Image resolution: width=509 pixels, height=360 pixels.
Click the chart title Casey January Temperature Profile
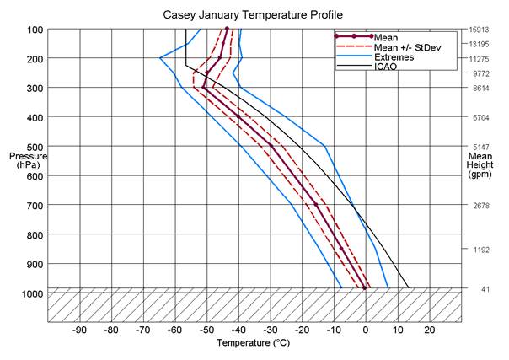[x=253, y=15]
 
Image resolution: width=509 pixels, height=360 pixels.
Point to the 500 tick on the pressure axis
[x=35, y=147]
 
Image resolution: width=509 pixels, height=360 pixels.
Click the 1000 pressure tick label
[x=32, y=293]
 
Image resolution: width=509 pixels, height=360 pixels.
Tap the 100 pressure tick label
[x=35, y=30]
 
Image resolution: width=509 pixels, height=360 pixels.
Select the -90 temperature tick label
[x=79, y=330]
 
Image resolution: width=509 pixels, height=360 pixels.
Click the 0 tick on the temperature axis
[x=366, y=330]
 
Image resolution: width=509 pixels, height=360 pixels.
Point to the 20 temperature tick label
[x=430, y=330]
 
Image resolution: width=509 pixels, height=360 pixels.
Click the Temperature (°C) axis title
[x=253, y=343]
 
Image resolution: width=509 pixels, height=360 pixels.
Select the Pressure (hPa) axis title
[x=28, y=160]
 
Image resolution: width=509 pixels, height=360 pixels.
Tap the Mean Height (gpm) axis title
[x=480, y=165]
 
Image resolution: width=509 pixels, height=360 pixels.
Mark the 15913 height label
[x=480, y=30]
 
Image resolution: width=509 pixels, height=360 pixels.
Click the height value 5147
[x=481, y=147]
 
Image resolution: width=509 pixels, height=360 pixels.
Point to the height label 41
[x=485, y=289]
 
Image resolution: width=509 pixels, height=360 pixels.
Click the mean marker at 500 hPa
[x=271, y=146]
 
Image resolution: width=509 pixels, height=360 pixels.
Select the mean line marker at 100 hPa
[x=227, y=29]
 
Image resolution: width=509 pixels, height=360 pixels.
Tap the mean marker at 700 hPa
[x=316, y=205]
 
